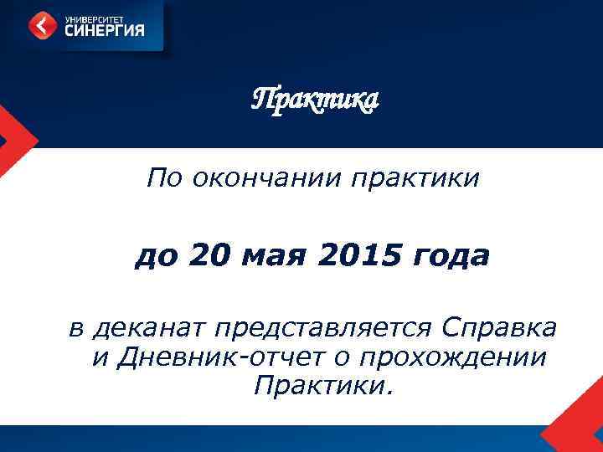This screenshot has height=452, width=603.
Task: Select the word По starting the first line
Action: [x=164, y=177]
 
